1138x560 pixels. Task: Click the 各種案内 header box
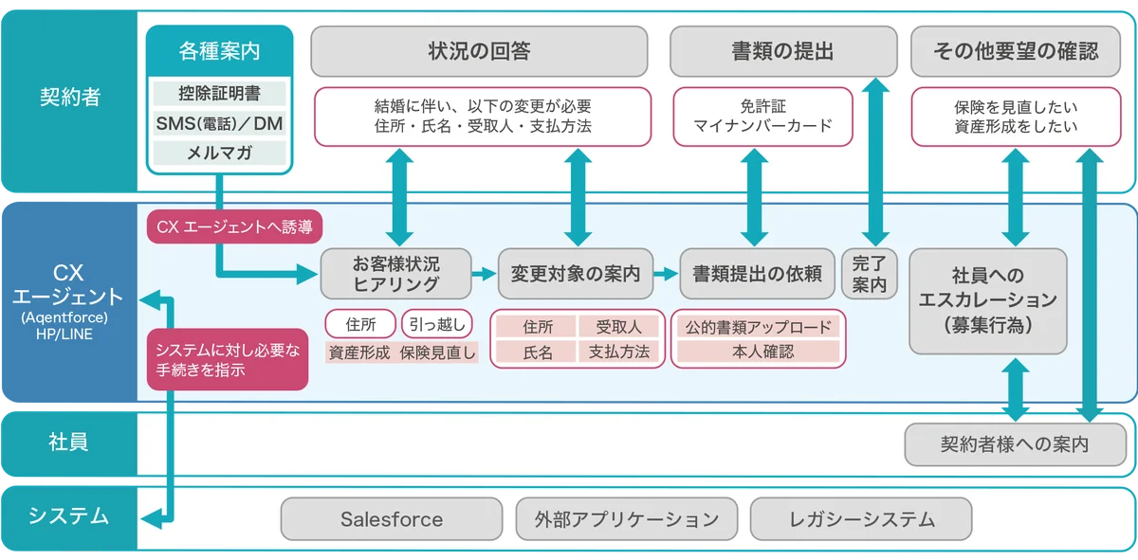pyautogui.click(x=219, y=51)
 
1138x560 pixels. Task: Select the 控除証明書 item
pyautogui.click(x=219, y=94)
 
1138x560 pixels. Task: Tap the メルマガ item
pyautogui.click(x=219, y=153)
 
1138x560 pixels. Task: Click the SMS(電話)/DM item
pyautogui.click(x=219, y=123)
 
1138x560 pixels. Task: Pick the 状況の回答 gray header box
pyautogui.click(x=479, y=51)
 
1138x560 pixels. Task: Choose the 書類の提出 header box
pyautogui.click(x=782, y=51)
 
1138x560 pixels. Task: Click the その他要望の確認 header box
pyautogui.click(x=1015, y=51)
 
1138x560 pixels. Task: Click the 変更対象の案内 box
pyautogui.click(x=576, y=274)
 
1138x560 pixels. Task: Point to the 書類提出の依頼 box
pyautogui.click(x=757, y=274)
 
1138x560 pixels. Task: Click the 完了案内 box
pyautogui.click(x=868, y=273)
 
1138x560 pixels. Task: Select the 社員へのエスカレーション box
pyautogui.click(x=989, y=300)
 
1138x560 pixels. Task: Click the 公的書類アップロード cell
pyautogui.click(x=758, y=327)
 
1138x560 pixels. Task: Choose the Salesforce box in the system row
pyautogui.click(x=392, y=519)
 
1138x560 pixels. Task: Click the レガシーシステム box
pyautogui.click(x=861, y=519)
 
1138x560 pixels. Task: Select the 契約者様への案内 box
pyautogui.click(x=1015, y=444)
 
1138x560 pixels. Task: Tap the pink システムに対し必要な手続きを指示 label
pyautogui.click(x=228, y=359)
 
